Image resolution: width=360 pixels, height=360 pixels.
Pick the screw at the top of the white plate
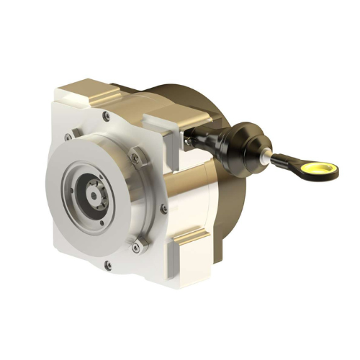106,114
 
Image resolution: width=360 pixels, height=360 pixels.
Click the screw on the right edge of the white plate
164,208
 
